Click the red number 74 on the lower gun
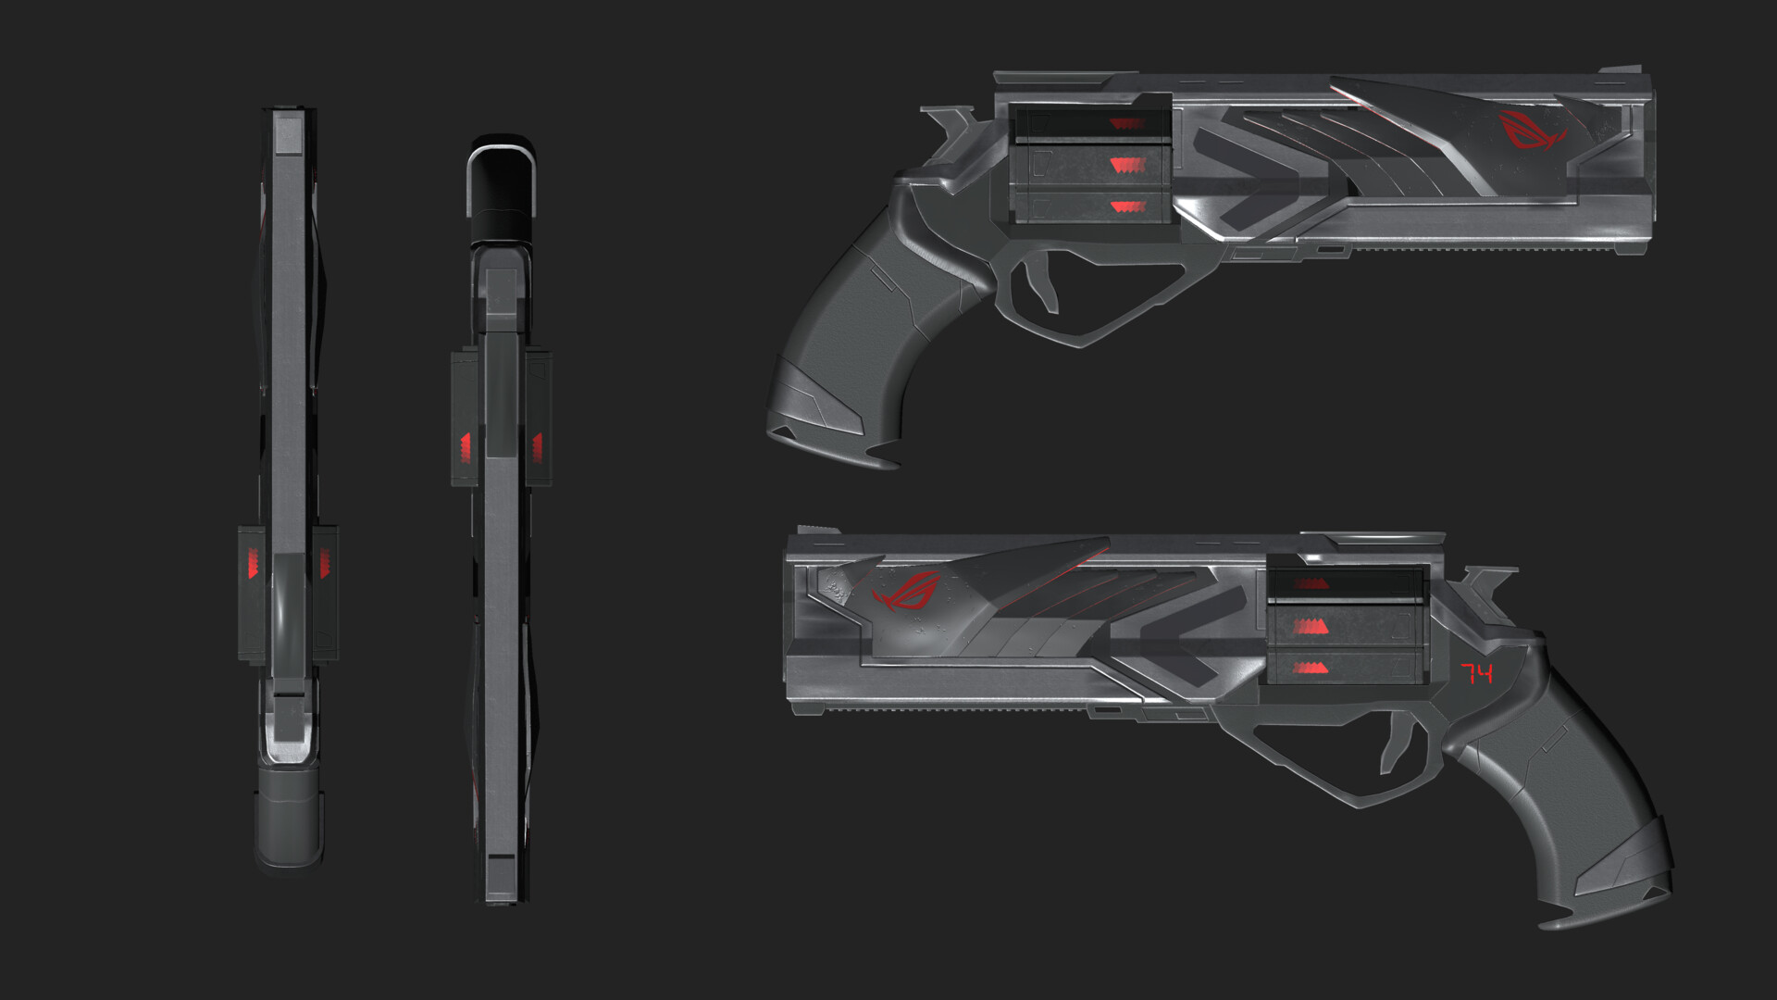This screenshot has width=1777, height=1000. (1477, 673)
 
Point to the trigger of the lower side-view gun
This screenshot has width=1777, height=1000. (1397, 745)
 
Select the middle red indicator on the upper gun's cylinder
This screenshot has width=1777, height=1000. (1128, 165)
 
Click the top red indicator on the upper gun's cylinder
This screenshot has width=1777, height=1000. (1127, 124)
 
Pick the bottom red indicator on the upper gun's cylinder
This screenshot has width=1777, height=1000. (1128, 206)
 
